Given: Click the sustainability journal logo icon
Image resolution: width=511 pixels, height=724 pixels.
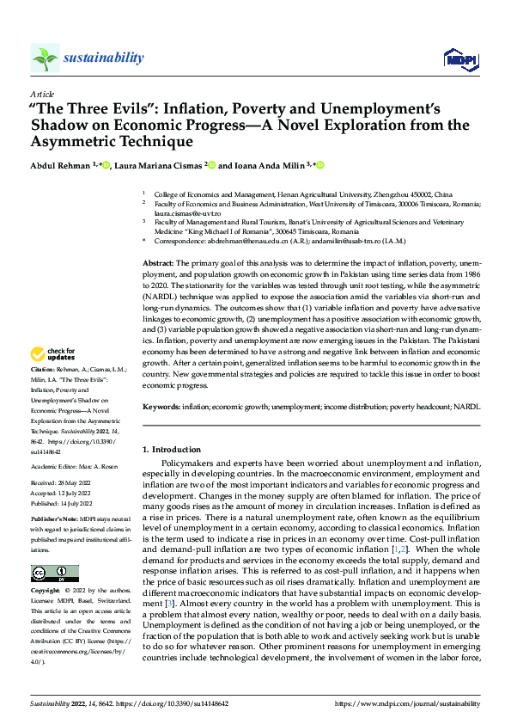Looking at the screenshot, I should click(x=45, y=58).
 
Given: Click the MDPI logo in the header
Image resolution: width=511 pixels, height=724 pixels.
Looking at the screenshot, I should click(x=459, y=58).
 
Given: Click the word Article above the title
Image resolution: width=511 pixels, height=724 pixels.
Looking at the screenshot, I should click(x=41, y=94).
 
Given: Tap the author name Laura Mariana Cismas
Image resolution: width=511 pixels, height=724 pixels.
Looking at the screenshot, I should click(x=161, y=165).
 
